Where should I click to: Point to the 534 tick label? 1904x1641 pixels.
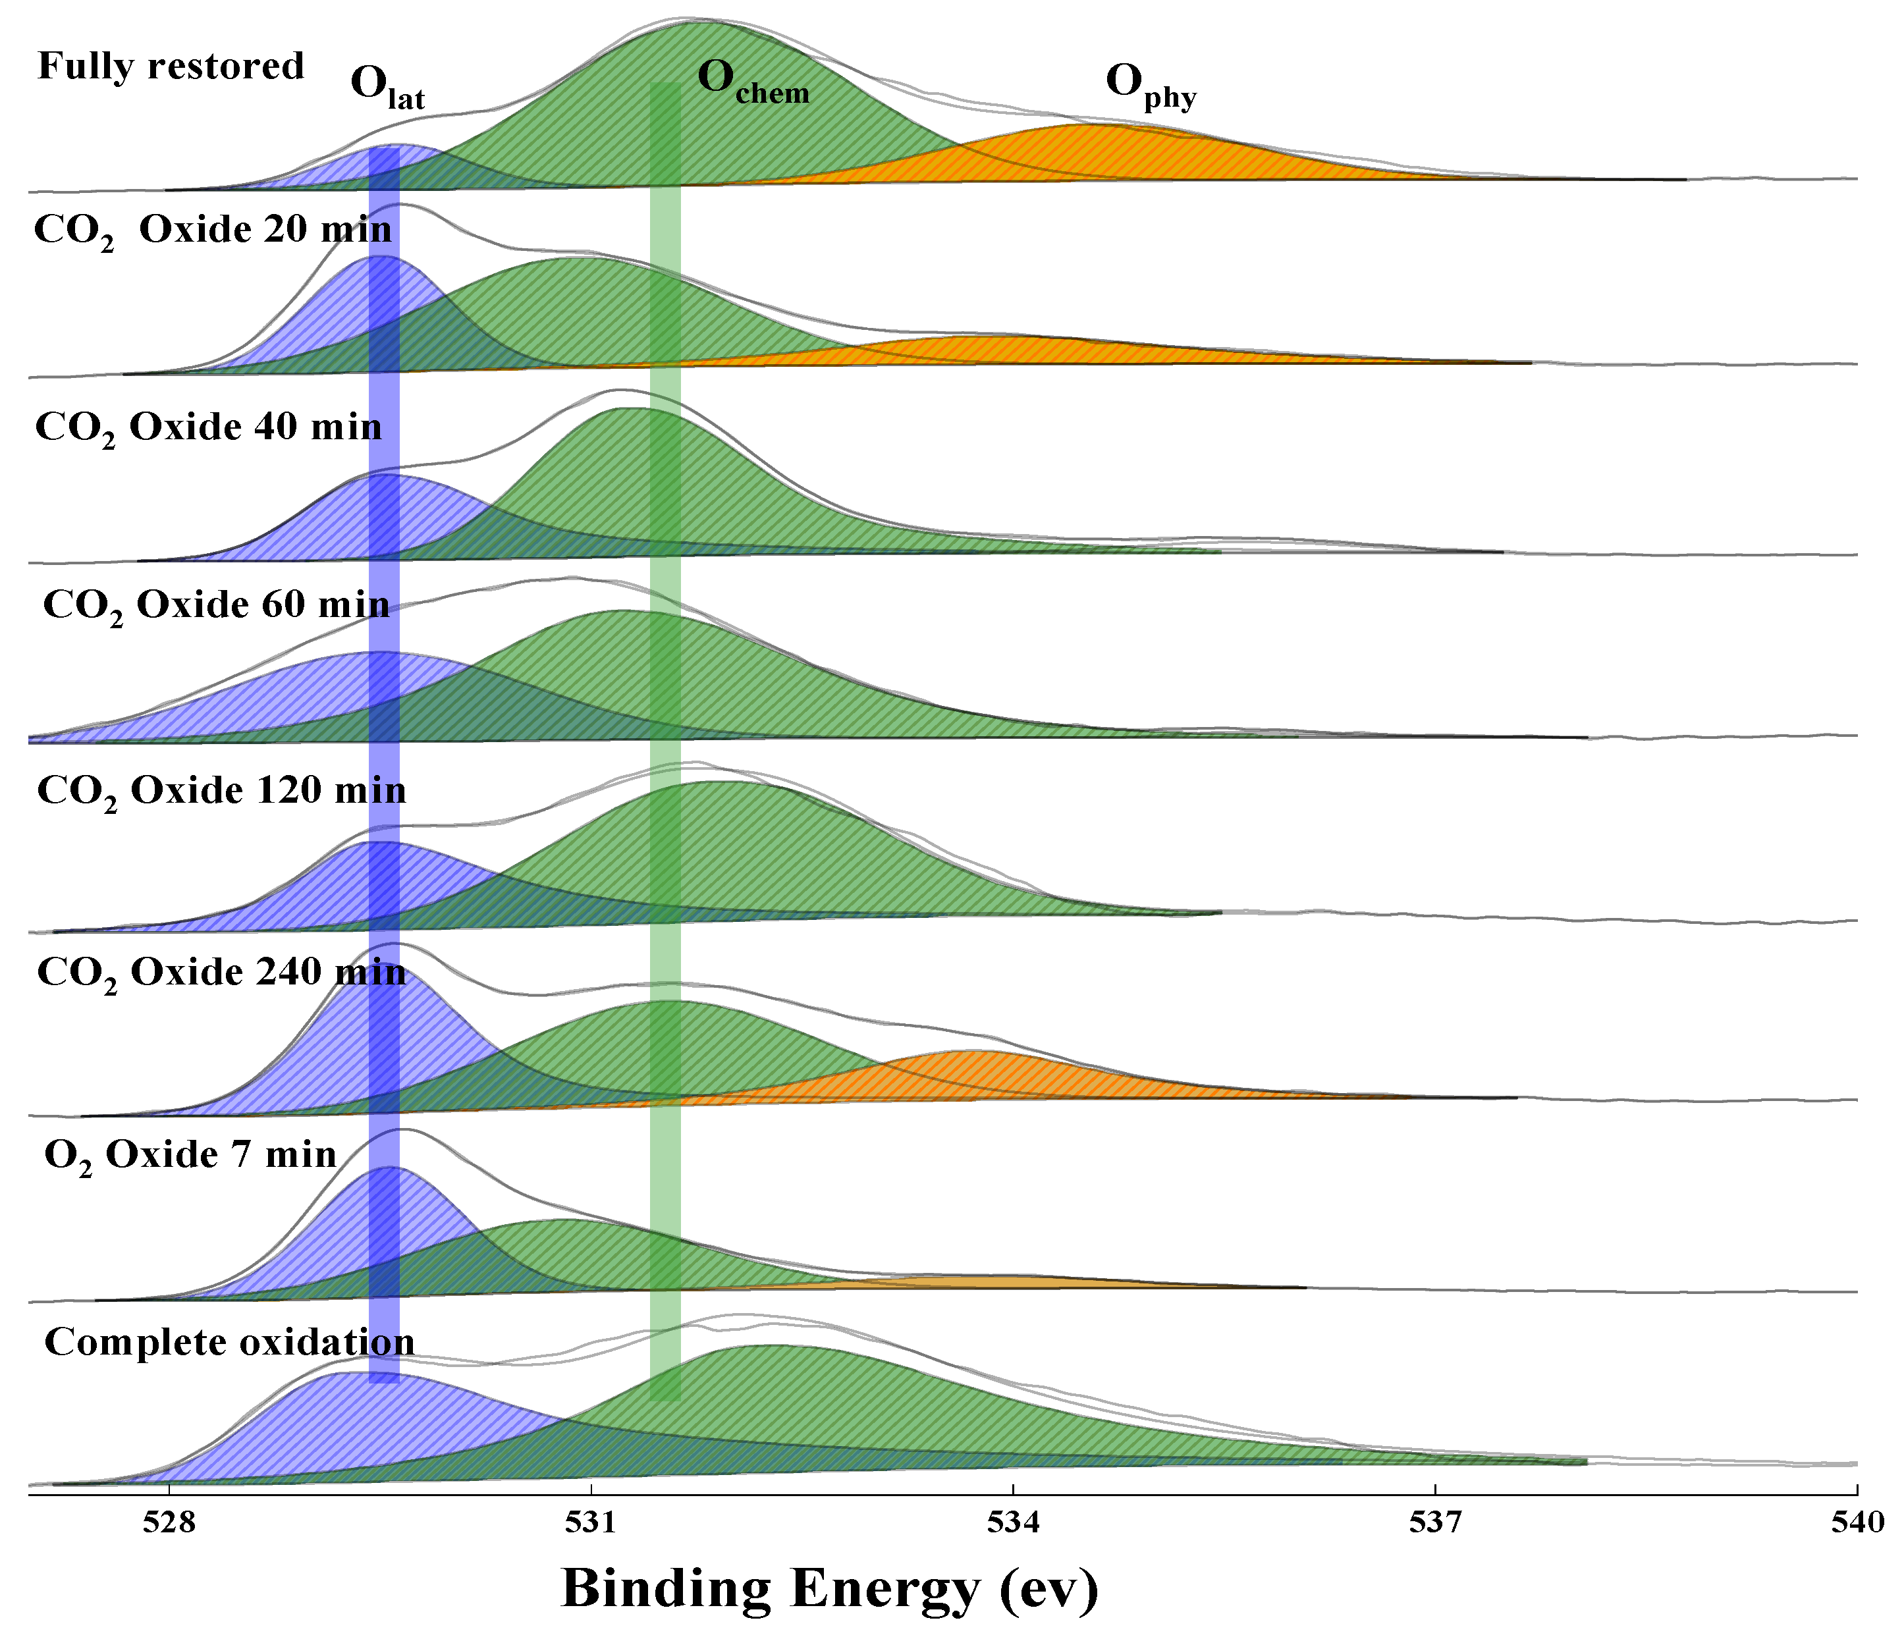pyautogui.click(x=1013, y=1522)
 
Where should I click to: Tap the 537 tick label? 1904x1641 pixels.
pyautogui.click(x=1435, y=1522)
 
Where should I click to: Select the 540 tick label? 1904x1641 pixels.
pyautogui.click(x=1857, y=1522)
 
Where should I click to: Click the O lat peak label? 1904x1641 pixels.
pyautogui.click(x=387, y=88)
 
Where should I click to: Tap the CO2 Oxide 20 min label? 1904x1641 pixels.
pyautogui.click(x=212, y=230)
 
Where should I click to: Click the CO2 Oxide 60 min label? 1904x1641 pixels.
pyautogui.click(x=216, y=606)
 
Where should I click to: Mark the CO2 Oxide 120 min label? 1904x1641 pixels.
pyautogui.click(x=221, y=791)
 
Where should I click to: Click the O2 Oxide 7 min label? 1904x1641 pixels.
pyautogui.click(x=190, y=1155)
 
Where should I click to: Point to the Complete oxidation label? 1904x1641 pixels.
pyautogui.click(x=230, y=1343)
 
